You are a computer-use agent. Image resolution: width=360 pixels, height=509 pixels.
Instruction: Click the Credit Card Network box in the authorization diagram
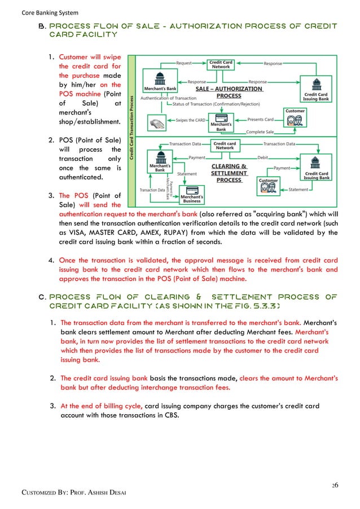coord(221,64)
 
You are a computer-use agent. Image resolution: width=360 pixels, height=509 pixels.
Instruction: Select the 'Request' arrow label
coord(184,63)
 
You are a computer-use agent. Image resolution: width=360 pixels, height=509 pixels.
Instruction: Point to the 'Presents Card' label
coord(261,120)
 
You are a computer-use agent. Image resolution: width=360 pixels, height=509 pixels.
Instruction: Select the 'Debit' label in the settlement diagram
coord(262,157)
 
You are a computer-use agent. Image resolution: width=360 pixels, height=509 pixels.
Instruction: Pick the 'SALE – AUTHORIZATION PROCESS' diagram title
coord(229,92)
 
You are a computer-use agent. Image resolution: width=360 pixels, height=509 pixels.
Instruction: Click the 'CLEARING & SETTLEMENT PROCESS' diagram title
coord(229,173)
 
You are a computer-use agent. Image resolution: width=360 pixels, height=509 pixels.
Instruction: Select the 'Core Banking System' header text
coord(42,13)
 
